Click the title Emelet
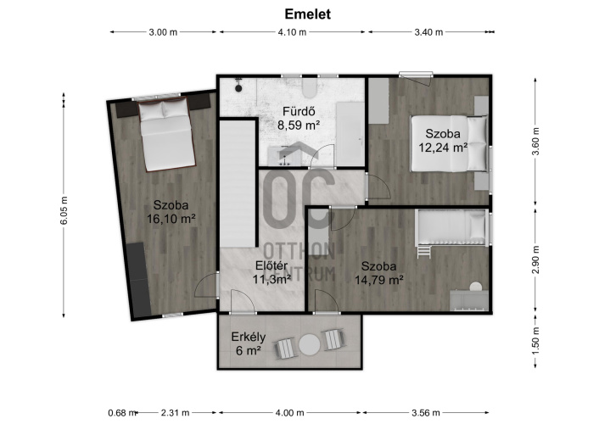click(307, 14)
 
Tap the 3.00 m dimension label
click(163, 32)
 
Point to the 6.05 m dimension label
click(64, 210)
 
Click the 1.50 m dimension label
click(535, 341)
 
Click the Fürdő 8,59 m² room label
click(299, 118)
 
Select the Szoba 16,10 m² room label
click(171, 212)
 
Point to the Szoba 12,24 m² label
click(443, 140)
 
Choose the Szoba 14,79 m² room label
click(379, 273)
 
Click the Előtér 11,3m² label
click(272, 272)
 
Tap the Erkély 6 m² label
click(249, 343)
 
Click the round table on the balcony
click(310, 345)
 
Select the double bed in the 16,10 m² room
click(166, 134)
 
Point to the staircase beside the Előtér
click(238, 184)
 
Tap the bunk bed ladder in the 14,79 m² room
click(424, 251)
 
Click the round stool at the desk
click(476, 287)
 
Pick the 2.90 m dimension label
click(535, 259)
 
